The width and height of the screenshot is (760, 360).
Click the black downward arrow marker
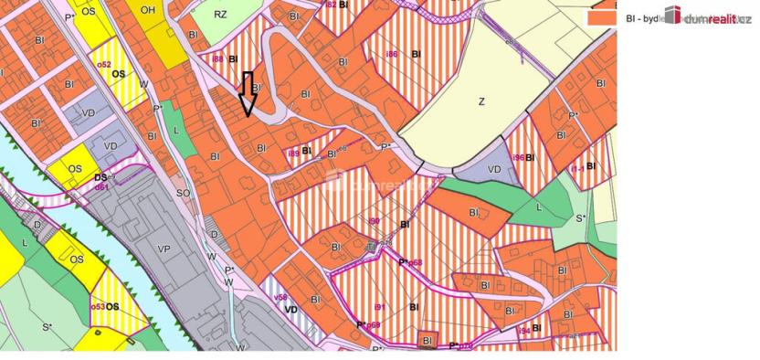pos(248,95)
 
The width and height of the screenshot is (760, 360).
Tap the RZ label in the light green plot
pos(220,15)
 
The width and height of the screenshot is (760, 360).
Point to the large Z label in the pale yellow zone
pos(481,102)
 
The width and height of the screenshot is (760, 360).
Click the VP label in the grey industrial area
pos(164,248)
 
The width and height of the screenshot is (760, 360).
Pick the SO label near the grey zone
pos(183,193)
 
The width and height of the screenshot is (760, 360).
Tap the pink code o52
pos(103,65)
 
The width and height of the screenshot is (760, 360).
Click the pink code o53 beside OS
pos(98,306)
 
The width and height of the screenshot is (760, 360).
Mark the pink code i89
pos(292,153)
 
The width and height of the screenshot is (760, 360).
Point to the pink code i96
pos(517,157)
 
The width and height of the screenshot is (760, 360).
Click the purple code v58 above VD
pos(281,298)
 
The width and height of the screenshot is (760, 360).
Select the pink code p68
pos(415,262)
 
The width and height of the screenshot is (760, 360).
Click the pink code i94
pos(522,330)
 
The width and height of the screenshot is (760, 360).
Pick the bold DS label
pos(100,179)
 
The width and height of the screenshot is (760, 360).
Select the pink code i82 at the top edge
pos(330,5)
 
